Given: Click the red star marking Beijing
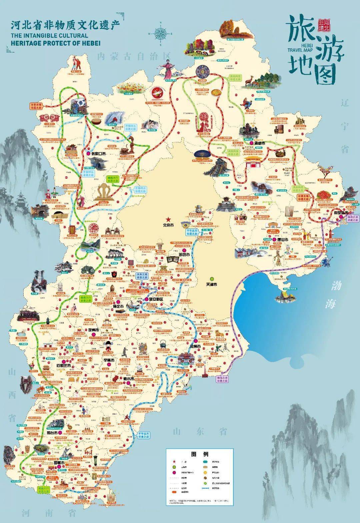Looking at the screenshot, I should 169,219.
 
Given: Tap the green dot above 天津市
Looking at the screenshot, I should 211,279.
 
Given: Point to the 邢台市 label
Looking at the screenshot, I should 54,432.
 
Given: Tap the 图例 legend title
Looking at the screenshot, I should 200,454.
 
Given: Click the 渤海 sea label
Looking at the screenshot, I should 335,294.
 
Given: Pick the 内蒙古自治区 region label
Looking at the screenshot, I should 134,56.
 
